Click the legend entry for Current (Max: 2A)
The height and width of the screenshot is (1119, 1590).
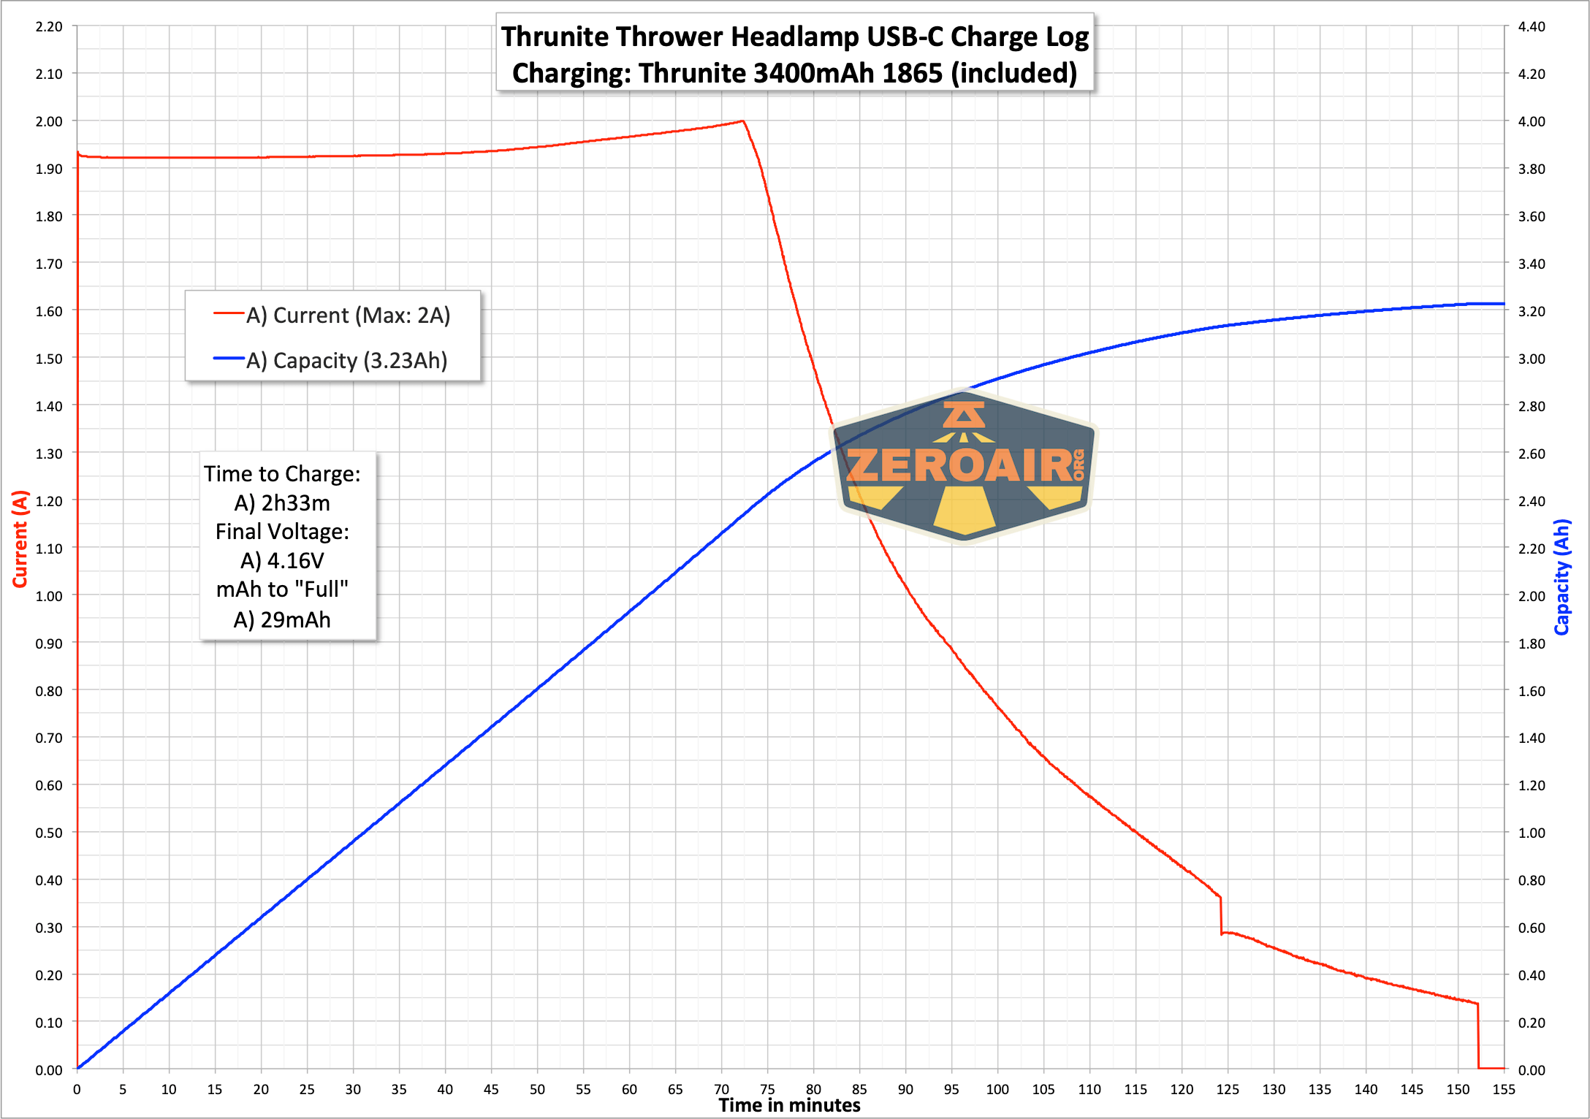[348, 315]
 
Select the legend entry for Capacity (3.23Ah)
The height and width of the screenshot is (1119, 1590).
[346, 360]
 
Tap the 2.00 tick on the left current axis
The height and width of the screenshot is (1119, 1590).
[49, 121]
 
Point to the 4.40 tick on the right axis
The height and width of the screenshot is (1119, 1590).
[1532, 27]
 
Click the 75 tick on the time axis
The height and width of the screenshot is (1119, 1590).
[767, 1089]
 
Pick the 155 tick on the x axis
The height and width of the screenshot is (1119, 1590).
[1504, 1089]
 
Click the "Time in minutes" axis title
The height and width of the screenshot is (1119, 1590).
[789, 1105]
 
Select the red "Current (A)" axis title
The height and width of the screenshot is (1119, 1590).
[20, 538]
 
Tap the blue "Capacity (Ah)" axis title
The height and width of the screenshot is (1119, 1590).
[1562, 577]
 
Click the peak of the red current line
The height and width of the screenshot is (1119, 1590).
[742, 121]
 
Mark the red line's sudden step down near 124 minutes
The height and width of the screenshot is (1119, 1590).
[1220, 915]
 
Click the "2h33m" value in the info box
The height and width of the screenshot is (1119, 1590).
[295, 503]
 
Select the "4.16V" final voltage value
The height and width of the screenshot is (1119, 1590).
[295, 561]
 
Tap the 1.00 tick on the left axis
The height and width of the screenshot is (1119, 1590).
[49, 596]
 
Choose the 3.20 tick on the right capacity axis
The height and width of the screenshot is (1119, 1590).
[1532, 311]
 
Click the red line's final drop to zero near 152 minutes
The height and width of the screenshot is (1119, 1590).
[1478, 1037]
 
